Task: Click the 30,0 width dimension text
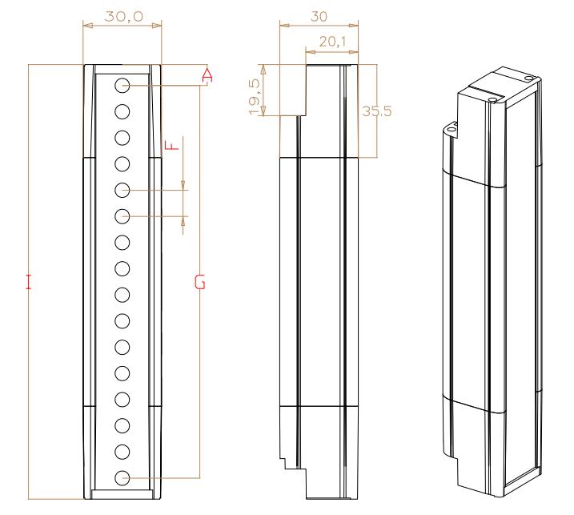pos(124,16)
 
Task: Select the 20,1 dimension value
pos(332,42)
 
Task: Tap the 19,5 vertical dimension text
pos(254,97)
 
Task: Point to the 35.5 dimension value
pos(377,111)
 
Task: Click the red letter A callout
pos(207,75)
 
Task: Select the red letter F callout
pos(171,145)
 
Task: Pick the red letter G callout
pos(200,283)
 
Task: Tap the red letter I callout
pos(29,281)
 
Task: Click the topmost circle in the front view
pos(122,86)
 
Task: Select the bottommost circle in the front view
pos(122,478)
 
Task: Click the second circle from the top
pos(122,111)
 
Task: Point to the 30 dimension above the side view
pos(319,17)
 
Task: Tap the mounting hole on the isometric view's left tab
pos(452,129)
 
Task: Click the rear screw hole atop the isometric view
pos(528,78)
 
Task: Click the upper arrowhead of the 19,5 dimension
pos(263,69)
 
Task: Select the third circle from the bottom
pos(122,425)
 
